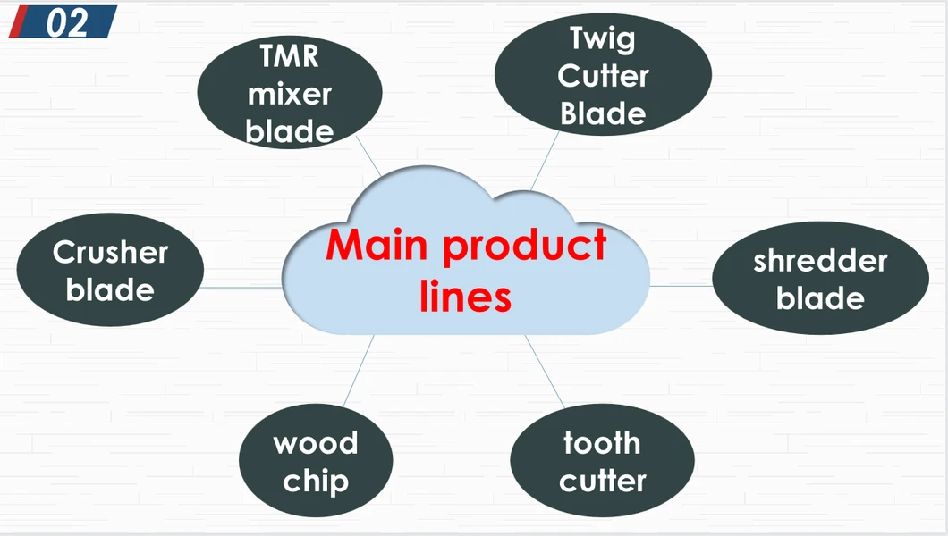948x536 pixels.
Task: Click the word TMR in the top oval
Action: coord(289,56)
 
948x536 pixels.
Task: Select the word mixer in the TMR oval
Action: coord(289,94)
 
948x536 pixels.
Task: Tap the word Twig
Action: coord(602,38)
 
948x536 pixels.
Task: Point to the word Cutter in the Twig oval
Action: coord(602,77)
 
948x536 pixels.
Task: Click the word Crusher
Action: coord(110,253)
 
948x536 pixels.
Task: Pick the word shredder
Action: coord(820,261)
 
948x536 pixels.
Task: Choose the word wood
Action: coord(315,443)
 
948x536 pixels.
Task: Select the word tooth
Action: coord(602,443)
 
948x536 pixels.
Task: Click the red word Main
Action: coord(377,245)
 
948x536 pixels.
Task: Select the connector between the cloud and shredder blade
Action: coord(681,286)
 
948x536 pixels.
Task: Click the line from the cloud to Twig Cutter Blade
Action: coord(546,160)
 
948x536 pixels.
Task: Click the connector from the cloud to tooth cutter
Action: coord(545,372)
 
